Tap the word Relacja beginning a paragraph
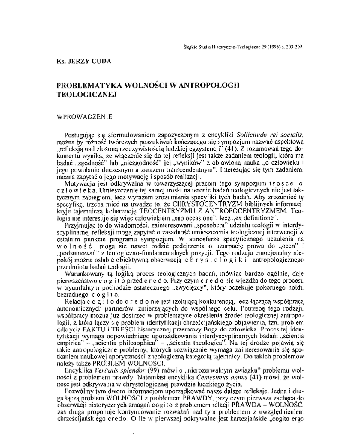click(x=74, y=302)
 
